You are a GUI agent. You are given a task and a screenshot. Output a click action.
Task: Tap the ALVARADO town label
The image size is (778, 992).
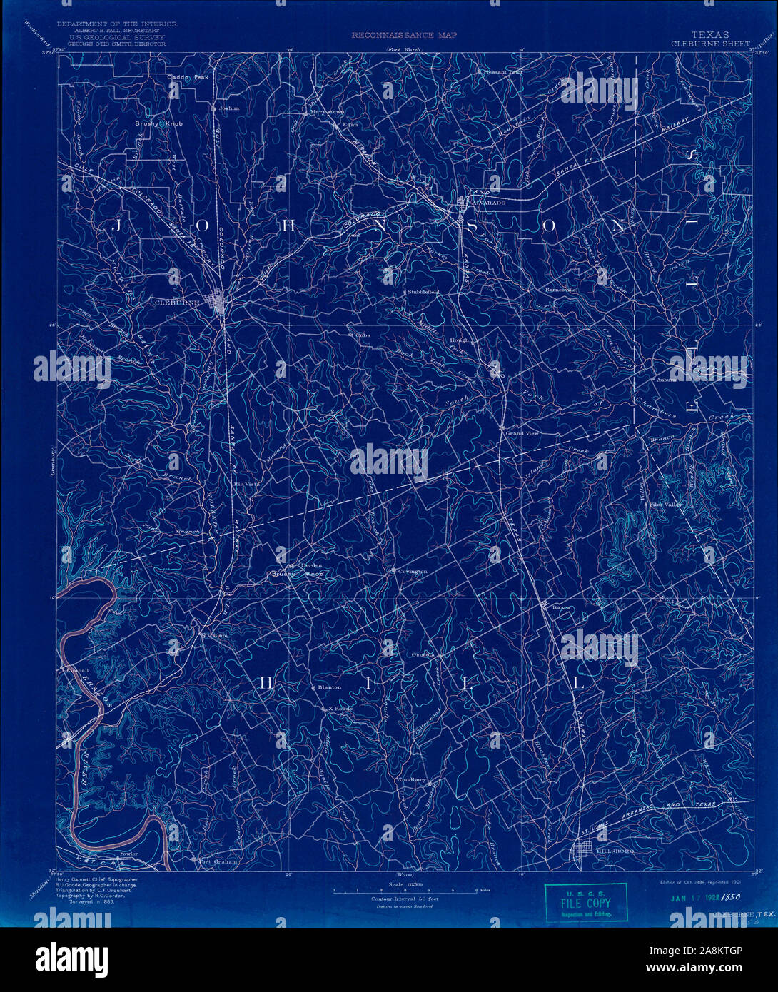(x=487, y=203)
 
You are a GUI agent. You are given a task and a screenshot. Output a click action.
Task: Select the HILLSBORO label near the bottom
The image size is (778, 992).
(x=615, y=851)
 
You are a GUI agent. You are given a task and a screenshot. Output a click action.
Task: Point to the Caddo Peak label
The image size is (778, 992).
(x=188, y=77)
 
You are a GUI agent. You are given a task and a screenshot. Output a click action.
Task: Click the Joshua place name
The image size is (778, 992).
(x=229, y=108)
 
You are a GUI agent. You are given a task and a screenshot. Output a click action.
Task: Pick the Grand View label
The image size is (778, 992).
(x=522, y=433)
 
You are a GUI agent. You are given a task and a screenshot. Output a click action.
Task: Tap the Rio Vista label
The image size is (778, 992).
(x=247, y=484)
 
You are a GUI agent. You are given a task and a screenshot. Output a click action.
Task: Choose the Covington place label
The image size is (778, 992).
(x=413, y=572)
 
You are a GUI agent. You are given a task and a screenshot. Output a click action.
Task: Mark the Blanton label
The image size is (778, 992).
(x=330, y=687)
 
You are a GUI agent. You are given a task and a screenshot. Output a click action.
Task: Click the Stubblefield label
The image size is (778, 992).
(x=423, y=292)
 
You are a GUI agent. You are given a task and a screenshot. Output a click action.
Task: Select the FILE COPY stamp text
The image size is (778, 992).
(x=586, y=904)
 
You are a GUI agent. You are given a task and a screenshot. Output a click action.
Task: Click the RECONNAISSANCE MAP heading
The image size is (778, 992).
(x=404, y=34)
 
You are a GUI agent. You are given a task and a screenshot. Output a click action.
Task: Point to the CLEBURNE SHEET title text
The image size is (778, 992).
(x=710, y=43)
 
